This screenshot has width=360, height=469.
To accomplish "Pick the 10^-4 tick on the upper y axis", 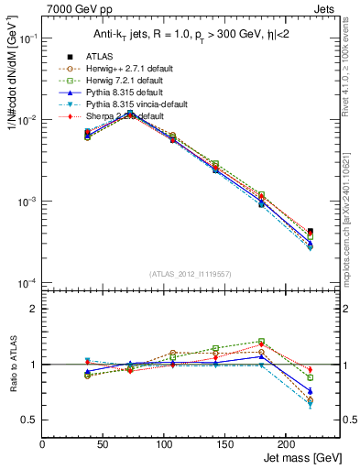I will (27, 283).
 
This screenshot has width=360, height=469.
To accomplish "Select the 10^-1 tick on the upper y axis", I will (27, 39).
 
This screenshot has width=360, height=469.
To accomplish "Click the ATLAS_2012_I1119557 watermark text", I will (190, 274).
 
